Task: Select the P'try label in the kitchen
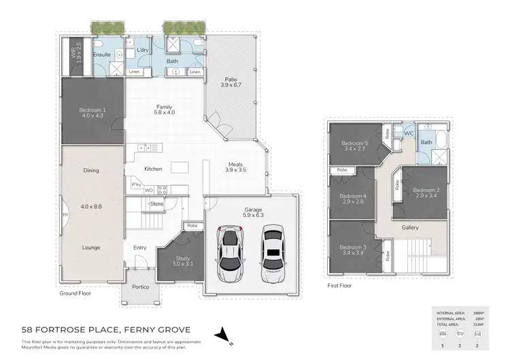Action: coord(136,185)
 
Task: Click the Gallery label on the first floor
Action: coord(410,228)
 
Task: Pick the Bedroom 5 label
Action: coord(354,144)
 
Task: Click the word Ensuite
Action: coord(102,54)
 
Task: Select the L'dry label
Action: coord(143,51)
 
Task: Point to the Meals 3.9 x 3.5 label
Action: coord(236,166)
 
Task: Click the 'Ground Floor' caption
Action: coord(75,294)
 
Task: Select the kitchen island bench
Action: coord(179,167)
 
